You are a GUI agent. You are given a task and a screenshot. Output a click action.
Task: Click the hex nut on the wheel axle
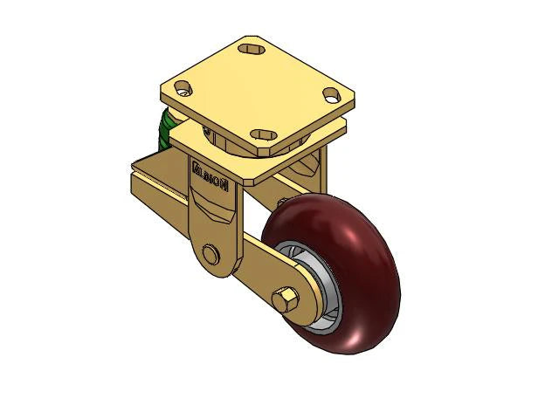point(284,301)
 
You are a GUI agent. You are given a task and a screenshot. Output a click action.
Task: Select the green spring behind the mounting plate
point(163,129)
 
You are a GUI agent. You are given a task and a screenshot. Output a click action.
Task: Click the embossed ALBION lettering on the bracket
point(209,170)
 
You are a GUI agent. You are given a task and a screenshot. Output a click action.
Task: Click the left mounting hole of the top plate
point(183,88)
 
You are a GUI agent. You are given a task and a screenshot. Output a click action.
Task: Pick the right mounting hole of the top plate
point(331,93)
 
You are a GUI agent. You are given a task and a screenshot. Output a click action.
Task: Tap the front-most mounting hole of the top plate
point(263,134)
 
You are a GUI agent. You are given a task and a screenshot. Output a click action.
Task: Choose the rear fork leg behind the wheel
point(319,175)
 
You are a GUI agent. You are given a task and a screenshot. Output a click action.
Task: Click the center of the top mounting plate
point(257,91)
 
